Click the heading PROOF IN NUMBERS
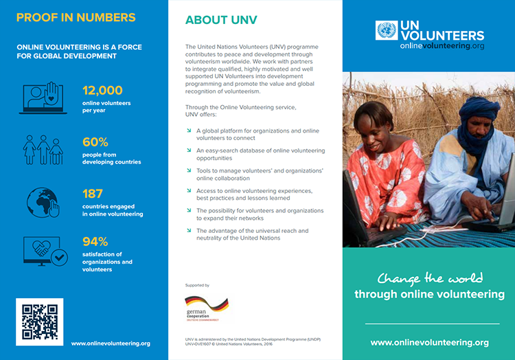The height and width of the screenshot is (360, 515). coord(76,18)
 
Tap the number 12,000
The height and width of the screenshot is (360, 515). coord(102,90)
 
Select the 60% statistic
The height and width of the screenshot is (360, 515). coord(95,142)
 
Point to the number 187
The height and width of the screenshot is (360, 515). coord(93,194)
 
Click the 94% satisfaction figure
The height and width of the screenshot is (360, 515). coord(95,241)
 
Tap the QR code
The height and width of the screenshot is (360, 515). coord(39,322)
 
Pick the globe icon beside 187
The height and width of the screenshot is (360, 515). coord(43,203)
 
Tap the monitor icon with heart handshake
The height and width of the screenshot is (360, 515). coord(43,251)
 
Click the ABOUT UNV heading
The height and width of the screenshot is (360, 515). coord(221,20)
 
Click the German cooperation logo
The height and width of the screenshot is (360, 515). coord(205,308)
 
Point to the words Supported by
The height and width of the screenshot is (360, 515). coord(197,284)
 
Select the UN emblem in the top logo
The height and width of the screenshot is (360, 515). coord(387,30)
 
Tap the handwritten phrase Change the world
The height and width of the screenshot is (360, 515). coord(429,278)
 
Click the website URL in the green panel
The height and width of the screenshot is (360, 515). coord(429,342)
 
